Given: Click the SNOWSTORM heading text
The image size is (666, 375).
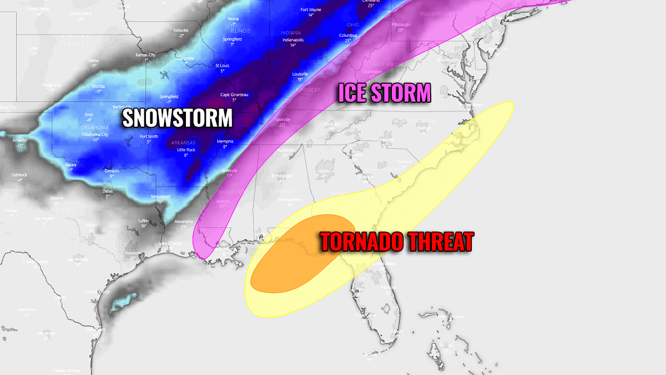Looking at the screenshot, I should pyautogui.click(x=177, y=118).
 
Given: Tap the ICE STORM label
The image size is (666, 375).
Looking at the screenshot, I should pyautogui.click(x=384, y=93).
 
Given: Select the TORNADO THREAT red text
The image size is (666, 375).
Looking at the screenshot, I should pyautogui.click(x=396, y=242).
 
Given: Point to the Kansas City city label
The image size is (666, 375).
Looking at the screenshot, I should pyautogui.click(x=146, y=55).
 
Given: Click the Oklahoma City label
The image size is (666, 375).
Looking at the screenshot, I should pyautogui.click(x=95, y=134).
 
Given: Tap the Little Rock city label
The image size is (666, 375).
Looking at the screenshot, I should pyautogui.click(x=186, y=150).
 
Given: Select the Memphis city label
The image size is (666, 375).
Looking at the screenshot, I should pyautogui.click(x=225, y=142).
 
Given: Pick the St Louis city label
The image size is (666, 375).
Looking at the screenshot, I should pyautogui.click(x=222, y=66).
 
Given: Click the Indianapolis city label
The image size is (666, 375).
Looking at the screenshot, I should pyautogui.click(x=292, y=40).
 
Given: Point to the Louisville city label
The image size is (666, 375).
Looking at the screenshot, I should pyautogui.click(x=300, y=74).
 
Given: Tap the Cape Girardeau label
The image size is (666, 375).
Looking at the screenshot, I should pyautogui.click(x=234, y=94).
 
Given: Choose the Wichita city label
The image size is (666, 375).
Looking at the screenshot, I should pyautogui.click(x=98, y=87).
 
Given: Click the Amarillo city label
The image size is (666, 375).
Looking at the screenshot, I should pyautogui.click(x=20, y=141).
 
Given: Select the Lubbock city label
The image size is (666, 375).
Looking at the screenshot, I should pyautogui.click(x=19, y=175).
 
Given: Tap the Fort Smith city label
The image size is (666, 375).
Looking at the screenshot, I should pyautogui.click(x=149, y=137).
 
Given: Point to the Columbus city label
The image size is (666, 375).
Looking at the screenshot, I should pyautogui.click(x=347, y=36).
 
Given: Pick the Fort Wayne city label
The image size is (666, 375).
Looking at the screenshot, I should pyautogui.click(x=311, y=9).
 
